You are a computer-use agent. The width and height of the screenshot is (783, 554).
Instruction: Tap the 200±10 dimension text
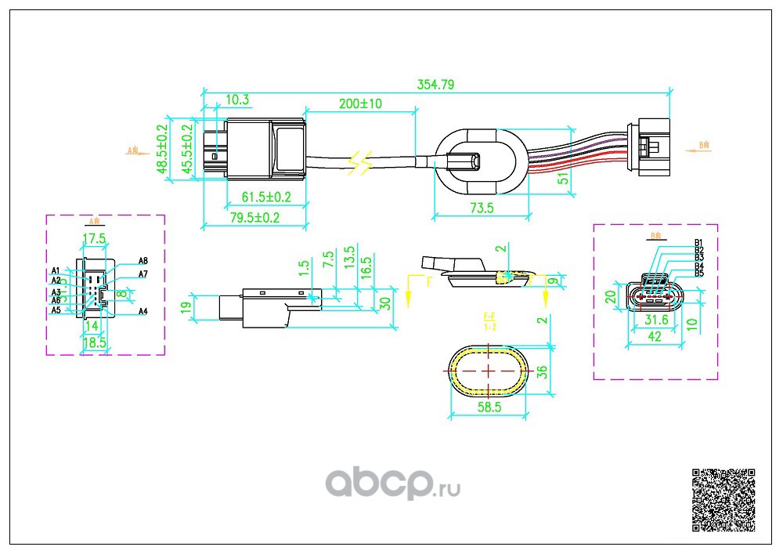(360, 103)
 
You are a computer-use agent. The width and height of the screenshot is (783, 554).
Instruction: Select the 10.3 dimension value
(237, 100)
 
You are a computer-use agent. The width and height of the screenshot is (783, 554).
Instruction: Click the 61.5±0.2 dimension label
(265, 197)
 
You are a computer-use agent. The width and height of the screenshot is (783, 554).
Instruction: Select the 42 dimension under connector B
(654, 337)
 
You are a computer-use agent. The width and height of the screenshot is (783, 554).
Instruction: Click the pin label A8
(143, 261)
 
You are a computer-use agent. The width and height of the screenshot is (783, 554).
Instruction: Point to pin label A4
(143, 312)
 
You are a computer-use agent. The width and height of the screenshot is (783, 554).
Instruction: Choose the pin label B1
(699, 242)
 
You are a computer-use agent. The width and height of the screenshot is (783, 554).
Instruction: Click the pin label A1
(56, 271)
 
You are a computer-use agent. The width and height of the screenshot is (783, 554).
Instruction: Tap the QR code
(724, 500)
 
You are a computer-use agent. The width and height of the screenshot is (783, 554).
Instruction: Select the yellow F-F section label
(489, 320)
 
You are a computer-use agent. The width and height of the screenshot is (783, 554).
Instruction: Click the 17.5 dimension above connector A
(94, 237)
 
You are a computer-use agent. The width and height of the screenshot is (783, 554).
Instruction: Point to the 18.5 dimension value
(93, 342)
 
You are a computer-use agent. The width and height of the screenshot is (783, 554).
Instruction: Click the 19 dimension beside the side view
(186, 307)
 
